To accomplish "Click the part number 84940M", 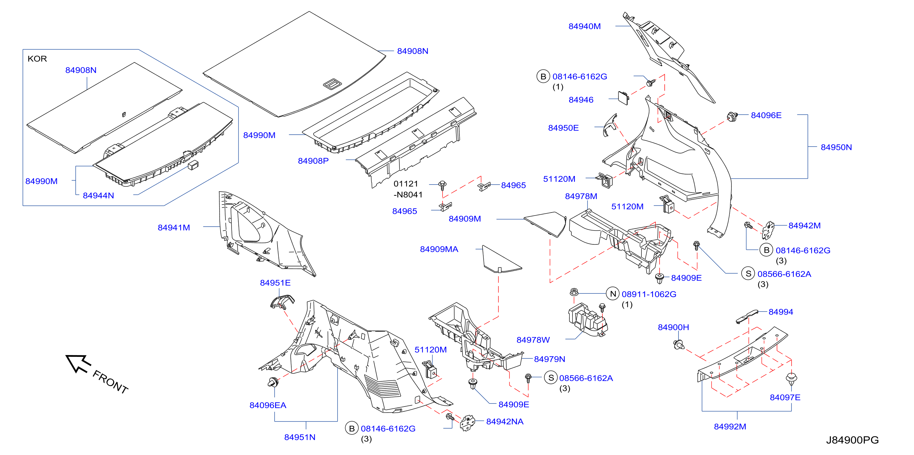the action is coord(584,26).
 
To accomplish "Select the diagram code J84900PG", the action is coord(852,440).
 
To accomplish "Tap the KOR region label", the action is coord(37,59).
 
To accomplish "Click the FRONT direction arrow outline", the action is coord(78,363).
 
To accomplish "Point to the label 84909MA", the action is coord(439,249).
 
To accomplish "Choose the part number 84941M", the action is coord(174,228).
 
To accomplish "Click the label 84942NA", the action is coord(504,422).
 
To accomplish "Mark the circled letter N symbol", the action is coord(613,294).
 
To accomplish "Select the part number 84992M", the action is coord(730,426).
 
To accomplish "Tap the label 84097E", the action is coord(785,397).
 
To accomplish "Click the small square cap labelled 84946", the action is coord(624,98).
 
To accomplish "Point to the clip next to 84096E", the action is coord(732,117).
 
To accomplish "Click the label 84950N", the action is coord(836,147).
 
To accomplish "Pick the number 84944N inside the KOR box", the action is coord(98,196).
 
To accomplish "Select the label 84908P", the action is coord(313,161).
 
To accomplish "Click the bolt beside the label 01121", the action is coord(442,186).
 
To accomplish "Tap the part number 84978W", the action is coord(533,340).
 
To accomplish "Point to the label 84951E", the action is coord(275,283).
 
